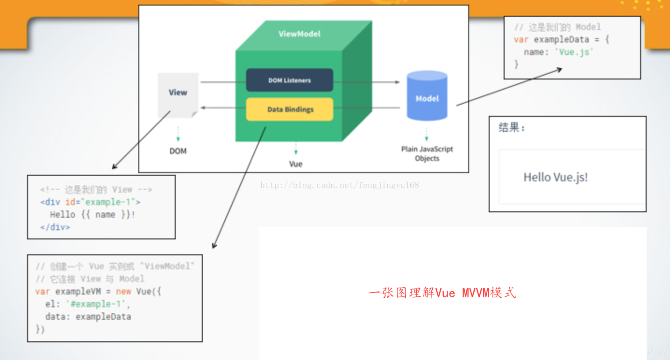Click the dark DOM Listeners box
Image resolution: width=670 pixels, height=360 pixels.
289,80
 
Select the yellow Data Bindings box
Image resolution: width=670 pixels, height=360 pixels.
290,109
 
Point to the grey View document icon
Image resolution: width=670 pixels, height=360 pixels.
178,94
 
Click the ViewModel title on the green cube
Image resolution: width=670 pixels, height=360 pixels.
299,34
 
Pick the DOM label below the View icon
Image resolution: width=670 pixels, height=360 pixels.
178,151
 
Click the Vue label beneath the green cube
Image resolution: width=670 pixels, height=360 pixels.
296,164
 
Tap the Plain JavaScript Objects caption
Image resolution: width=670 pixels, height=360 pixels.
427,154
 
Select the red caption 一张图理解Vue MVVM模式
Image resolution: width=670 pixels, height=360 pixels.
442,293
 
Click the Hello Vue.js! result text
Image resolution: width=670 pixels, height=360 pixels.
556,177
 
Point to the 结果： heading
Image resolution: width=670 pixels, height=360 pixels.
512,128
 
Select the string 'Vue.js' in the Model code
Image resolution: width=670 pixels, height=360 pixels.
574,52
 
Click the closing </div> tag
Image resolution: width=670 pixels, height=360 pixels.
55,228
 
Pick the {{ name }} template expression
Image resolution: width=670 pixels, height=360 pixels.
105,215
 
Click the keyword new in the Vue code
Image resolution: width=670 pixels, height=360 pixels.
123,292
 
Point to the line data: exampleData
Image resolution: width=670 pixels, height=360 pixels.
88,317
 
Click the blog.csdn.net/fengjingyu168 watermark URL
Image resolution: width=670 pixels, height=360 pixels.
339,185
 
